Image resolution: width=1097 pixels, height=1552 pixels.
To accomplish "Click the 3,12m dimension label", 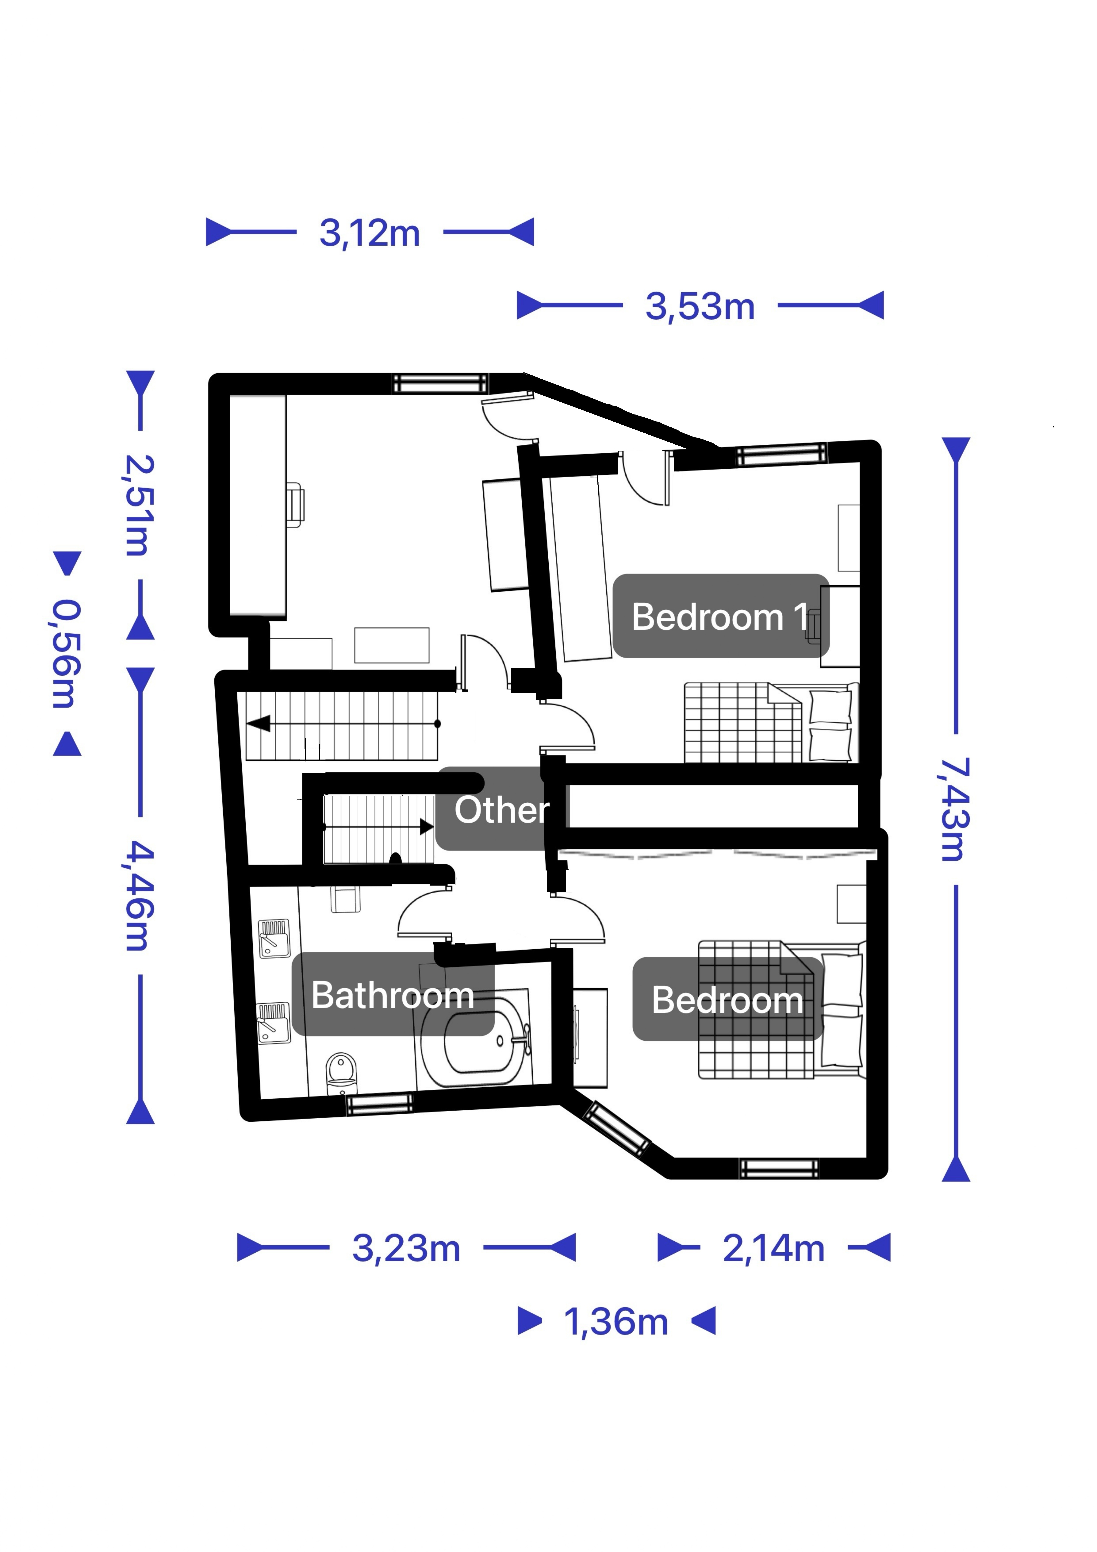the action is pyautogui.click(x=370, y=233).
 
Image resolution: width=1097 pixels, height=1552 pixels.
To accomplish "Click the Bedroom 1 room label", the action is pyautogui.click(x=721, y=616).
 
